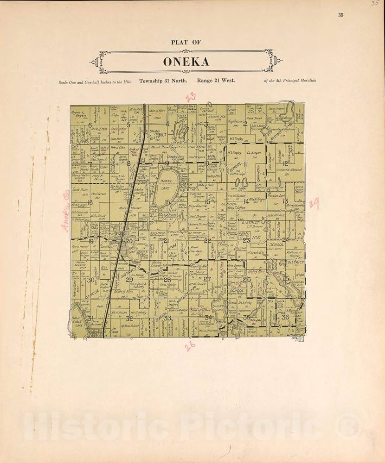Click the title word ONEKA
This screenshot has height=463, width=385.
coord(186,62)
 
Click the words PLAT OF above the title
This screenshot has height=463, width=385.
coord(186,42)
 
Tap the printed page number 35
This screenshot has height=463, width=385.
coord(341,15)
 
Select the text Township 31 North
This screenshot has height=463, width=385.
coord(164,81)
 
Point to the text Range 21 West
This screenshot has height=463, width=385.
coord(216,81)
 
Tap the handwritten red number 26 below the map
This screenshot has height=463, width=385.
coord(190,345)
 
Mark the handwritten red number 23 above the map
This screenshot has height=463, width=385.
coord(191,97)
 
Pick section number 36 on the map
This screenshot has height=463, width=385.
coord(285,317)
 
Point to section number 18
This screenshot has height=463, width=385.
coord(90,202)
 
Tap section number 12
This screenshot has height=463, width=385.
coord(285,163)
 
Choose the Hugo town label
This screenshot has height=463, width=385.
coord(120,234)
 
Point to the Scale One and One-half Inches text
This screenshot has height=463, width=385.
coord(95,81)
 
